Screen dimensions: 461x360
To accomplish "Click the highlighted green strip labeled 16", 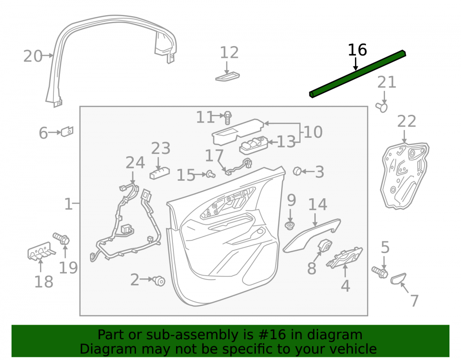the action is (x=358, y=74).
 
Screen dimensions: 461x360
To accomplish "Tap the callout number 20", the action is (x=33, y=56).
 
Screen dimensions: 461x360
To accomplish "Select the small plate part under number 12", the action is (x=227, y=77).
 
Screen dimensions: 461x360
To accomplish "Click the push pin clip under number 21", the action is (x=382, y=107).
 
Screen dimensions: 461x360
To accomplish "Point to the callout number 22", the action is (x=407, y=121).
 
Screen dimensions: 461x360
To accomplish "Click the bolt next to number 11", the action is (x=228, y=118).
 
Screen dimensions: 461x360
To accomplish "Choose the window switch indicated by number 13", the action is (x=254, y=146).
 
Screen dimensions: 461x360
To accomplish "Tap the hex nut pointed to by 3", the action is (x=297, y=171).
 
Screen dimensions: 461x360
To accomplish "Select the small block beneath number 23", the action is (x=160, y=173).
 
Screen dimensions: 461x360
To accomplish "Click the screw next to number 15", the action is (x=211, y=174).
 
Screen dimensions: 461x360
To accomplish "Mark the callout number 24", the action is (x=135, y=163).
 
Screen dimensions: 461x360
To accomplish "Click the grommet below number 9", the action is (x=290, y=226).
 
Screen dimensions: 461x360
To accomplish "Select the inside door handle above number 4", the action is (x=344, y=258).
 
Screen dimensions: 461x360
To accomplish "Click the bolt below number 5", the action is (x=379, y=272).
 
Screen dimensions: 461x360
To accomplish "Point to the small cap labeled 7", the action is (x=398, y=278).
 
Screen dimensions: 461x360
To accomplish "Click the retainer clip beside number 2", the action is (x=159, y=281).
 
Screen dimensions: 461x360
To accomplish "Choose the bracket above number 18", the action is (x=41, y=252).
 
